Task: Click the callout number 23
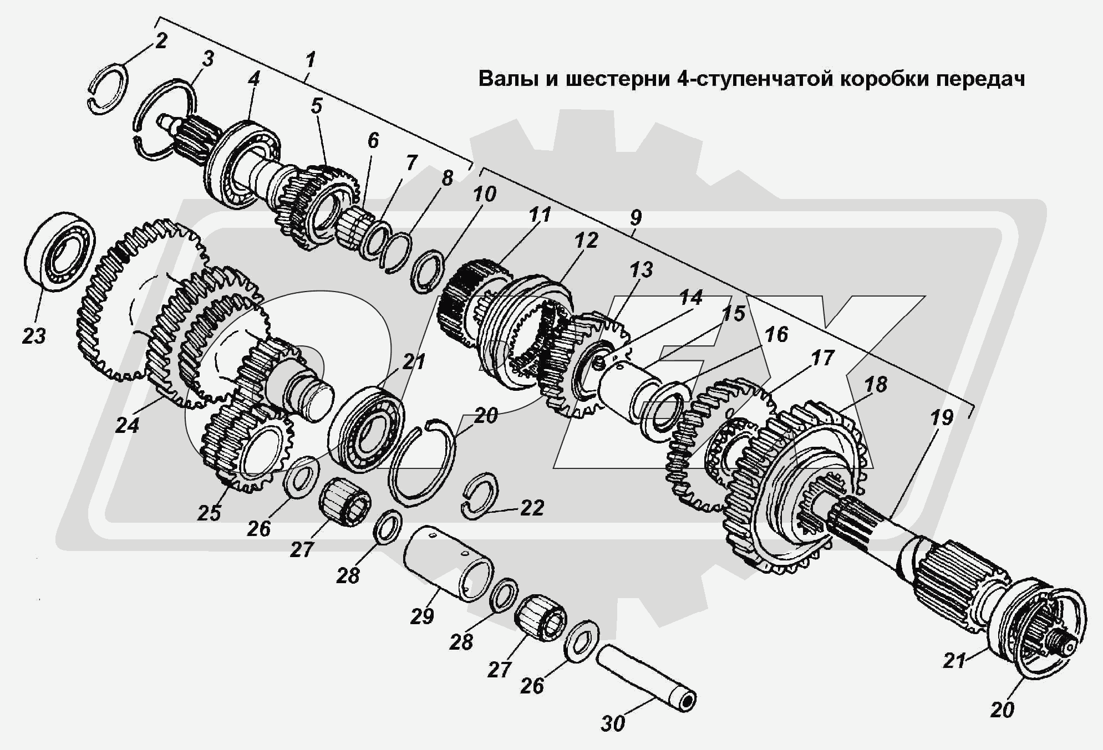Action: point(33,336)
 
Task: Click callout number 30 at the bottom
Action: point(612,723)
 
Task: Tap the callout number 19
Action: point(941,417)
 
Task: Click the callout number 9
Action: point(636,217)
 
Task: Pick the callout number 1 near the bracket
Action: point(311,59)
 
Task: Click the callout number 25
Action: point(209,513)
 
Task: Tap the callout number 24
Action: point(127,425)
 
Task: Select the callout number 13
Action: point(641,270)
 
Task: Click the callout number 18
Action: point(876,384)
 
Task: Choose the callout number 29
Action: point(421,616)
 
